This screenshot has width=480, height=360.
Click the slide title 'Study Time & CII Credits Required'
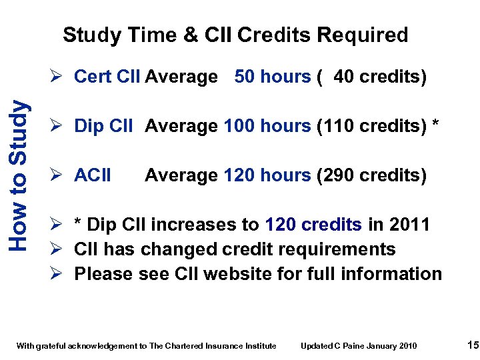235,35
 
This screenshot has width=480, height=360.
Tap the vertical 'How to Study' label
20,175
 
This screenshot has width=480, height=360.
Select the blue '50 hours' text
273,77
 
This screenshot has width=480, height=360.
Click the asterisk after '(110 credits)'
436,125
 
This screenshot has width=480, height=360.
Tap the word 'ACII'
93,175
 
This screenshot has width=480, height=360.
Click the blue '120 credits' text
313,225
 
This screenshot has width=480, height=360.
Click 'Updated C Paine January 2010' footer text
359,345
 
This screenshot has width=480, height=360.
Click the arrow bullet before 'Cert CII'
60,77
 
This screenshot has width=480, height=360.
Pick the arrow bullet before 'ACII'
60,175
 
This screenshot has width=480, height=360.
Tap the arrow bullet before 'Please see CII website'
60,274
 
